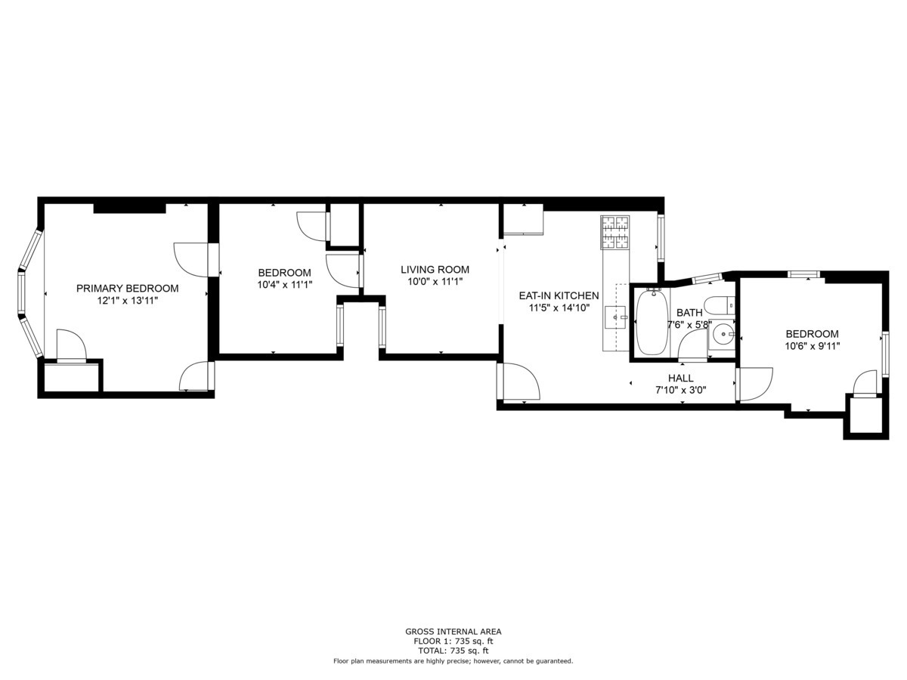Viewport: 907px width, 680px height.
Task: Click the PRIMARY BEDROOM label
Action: click(127, 288)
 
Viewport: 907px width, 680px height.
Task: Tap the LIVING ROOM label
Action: click(435, 269)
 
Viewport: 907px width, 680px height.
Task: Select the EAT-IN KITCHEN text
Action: click(558, 295)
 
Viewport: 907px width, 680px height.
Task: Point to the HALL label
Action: click(680, 378)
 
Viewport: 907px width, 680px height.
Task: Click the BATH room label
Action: click(689, 312)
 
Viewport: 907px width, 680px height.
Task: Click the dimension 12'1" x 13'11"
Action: click(127, 300)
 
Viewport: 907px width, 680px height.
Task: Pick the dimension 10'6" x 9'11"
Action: click(812, 345)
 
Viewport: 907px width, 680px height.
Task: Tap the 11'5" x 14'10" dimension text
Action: click(558, 308)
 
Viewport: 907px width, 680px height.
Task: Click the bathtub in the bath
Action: click(651, 322)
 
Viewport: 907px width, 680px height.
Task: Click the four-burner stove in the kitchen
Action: click(614, 232)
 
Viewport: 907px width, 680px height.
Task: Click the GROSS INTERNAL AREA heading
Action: click(453, 632)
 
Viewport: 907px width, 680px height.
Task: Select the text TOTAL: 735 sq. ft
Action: click(453, 651)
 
